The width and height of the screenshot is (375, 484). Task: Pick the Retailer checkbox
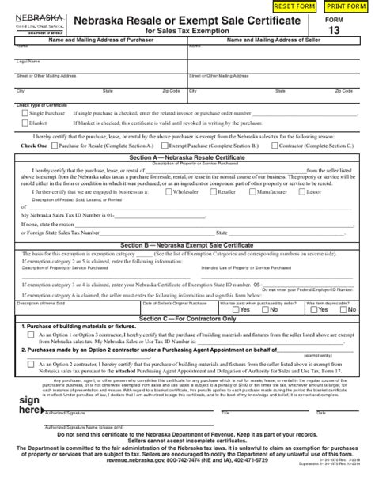tap(211, 191)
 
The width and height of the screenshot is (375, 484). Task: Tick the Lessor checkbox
tap(303, 191)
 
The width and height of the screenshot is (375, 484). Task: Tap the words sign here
tap(29, 405)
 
